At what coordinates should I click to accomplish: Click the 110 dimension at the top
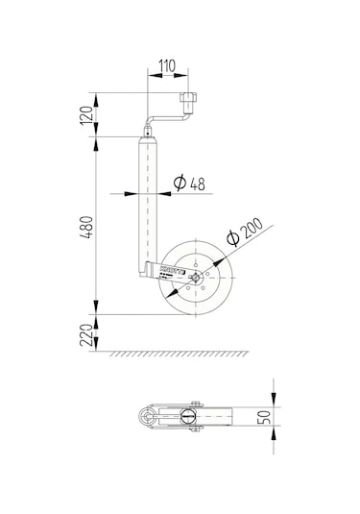coord(166,68)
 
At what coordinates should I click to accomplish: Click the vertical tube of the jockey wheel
coord(147,202)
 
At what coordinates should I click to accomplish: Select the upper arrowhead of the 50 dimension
coord(274,401)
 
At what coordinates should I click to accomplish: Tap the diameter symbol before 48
coord(178,183)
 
